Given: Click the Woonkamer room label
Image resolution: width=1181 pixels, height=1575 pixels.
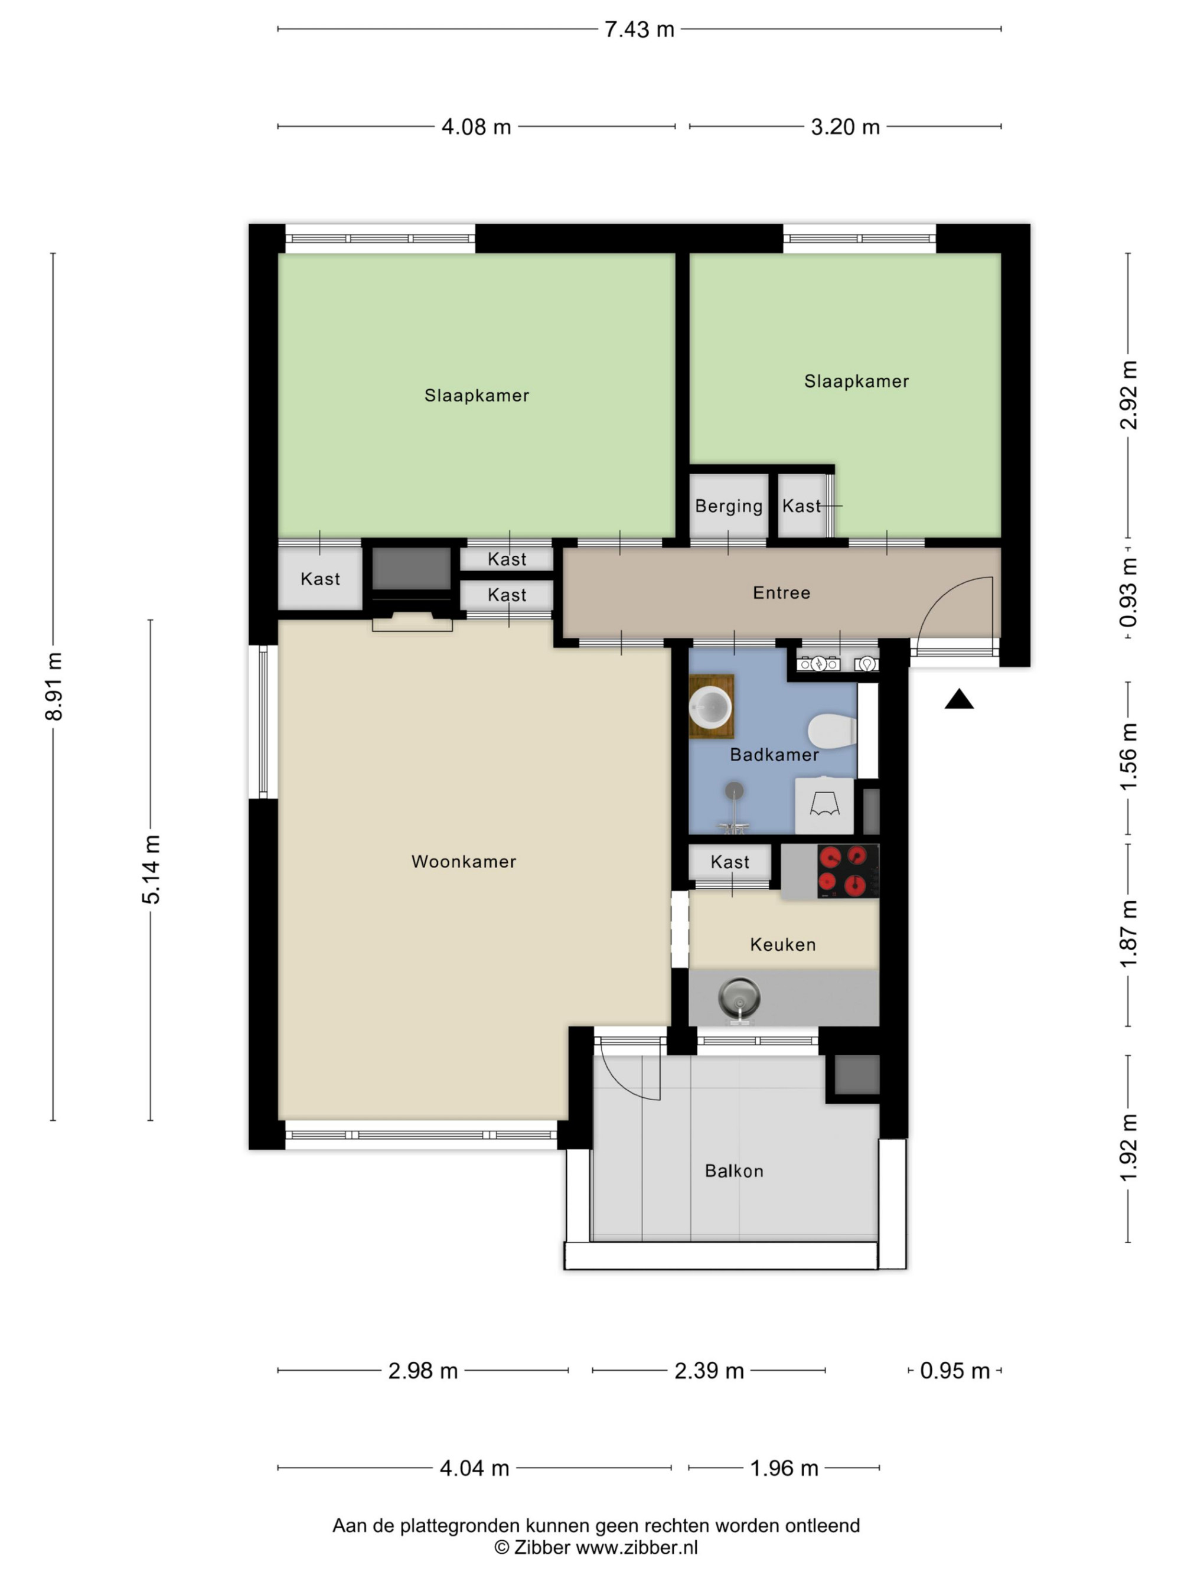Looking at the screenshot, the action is tap(464, 862).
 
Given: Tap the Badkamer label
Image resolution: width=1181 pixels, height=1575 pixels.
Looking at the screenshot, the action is tap(775, 755).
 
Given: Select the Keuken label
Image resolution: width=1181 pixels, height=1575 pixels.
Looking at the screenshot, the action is tap(783, 945).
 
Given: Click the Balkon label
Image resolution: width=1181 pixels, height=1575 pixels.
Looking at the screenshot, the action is tap(734, 1171).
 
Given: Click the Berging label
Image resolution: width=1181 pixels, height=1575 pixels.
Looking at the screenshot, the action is tap(729, 506).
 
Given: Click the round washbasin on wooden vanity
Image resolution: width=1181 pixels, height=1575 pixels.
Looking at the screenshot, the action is tap(710, 707).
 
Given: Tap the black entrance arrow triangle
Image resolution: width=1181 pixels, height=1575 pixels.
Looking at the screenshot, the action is tap(959, 699).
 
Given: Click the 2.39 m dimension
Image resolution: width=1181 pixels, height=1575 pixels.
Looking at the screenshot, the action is tap(709, 1371).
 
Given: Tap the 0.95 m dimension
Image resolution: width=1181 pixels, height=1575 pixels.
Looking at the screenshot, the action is tap(955, 1371).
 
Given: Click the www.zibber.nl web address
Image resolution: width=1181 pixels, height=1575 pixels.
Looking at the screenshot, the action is tap(637, 1547).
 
